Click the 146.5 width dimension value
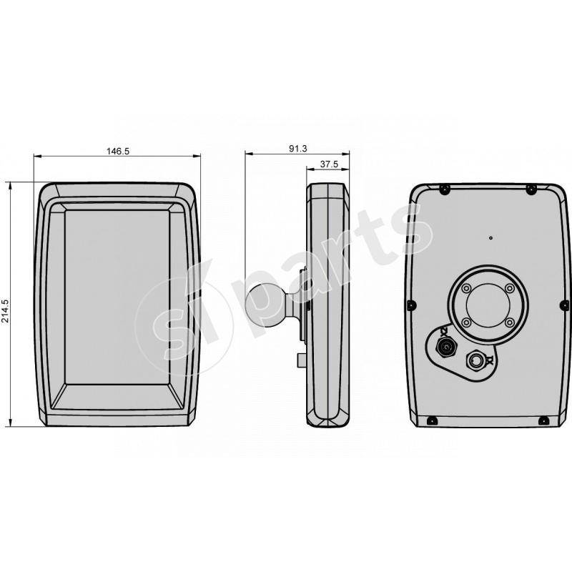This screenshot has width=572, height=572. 117,151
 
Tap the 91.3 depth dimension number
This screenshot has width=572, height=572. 297,148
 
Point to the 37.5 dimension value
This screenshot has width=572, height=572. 328,164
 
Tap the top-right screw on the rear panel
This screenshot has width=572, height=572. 531,189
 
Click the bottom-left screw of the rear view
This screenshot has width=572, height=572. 432,420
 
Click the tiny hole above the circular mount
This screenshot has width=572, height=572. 490,237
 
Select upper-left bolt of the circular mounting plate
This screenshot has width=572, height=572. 466,289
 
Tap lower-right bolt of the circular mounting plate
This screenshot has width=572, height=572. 509,322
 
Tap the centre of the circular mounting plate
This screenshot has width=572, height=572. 488,306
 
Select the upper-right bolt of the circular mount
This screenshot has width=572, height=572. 509,289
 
